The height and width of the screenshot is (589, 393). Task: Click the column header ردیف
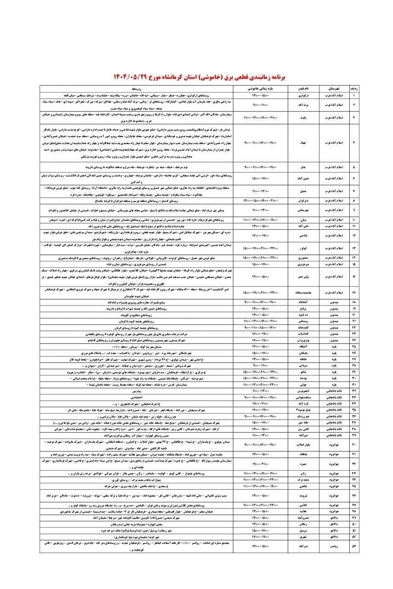pos(366,87)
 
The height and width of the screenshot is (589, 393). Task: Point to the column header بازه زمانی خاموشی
pos(261,87)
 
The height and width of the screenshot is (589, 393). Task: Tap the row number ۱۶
pos(366,277)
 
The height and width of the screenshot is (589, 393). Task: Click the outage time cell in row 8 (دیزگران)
pos(261,201)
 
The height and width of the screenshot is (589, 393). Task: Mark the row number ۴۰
pos(366,444)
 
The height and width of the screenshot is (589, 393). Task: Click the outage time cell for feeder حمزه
pos(261,464)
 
